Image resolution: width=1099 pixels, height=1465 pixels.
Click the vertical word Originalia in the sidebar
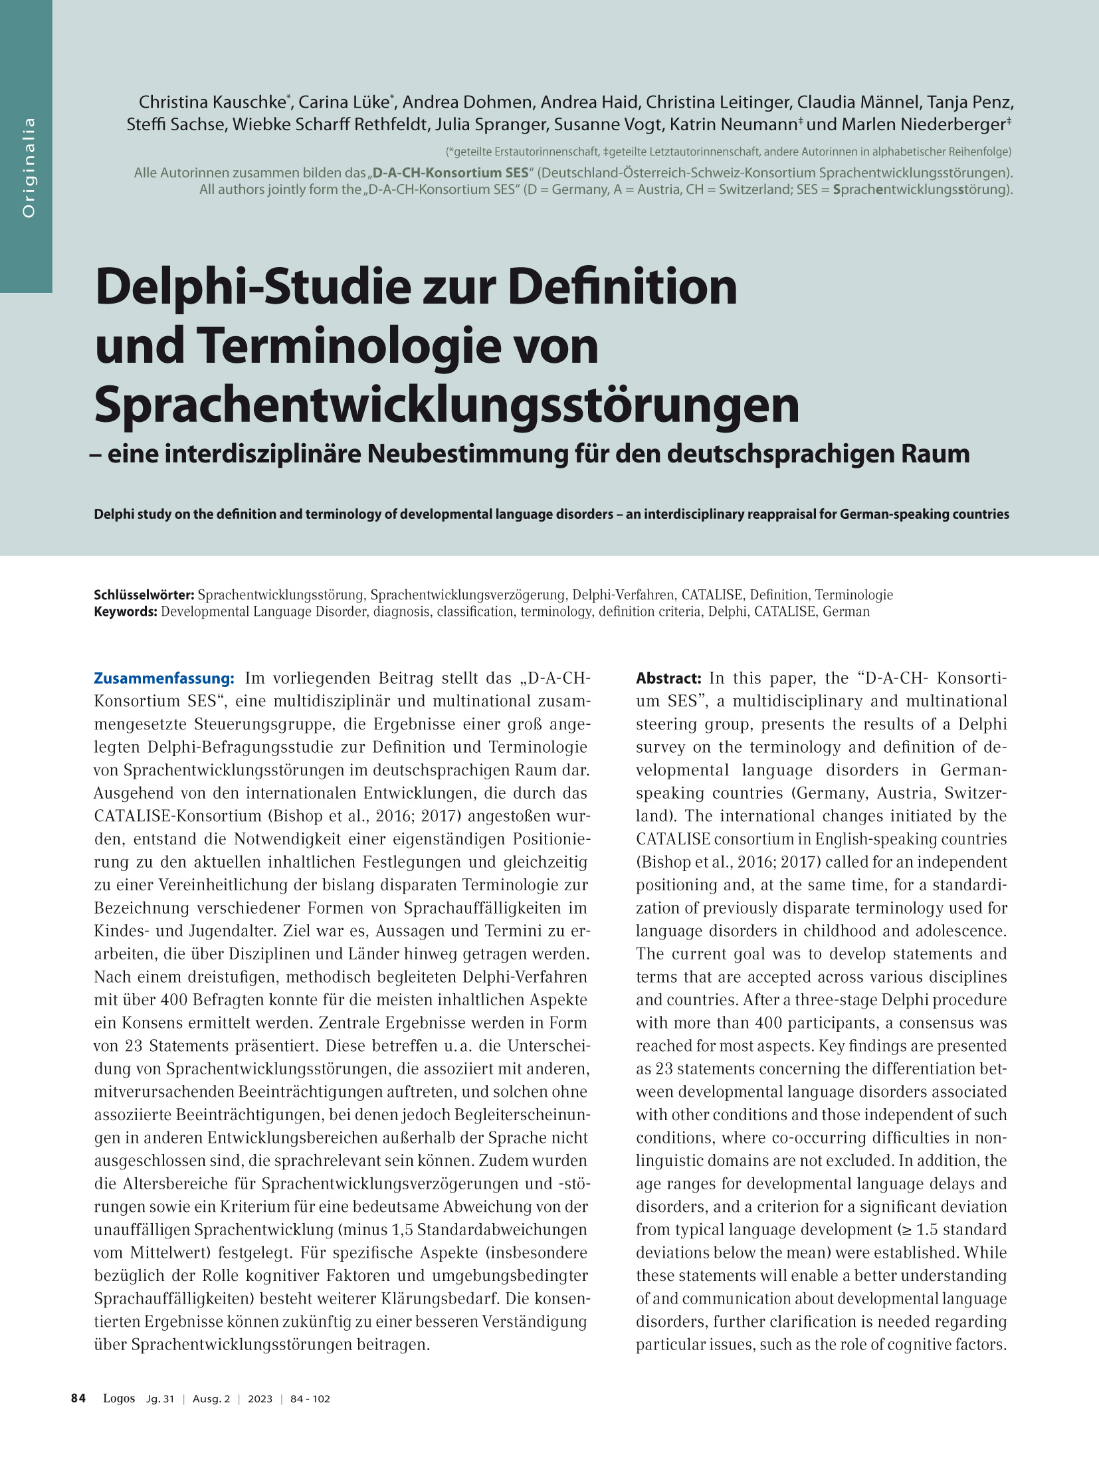tap(29, 167)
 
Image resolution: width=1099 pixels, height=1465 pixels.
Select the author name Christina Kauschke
tap(212, 102)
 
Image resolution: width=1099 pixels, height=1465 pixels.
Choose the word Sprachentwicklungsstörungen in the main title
tap(447, 405)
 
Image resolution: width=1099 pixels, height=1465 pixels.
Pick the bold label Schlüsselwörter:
tap(144, 595)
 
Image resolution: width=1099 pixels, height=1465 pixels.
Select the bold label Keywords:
tap(126, 611)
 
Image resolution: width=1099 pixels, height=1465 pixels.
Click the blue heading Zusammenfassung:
tap(163, 678)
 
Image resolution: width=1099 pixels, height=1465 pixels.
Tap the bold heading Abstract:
tap(668, 678)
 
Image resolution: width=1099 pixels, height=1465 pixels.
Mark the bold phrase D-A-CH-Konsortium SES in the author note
tap(450, 173)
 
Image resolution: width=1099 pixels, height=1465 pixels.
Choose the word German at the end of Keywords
tap(846, 611)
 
